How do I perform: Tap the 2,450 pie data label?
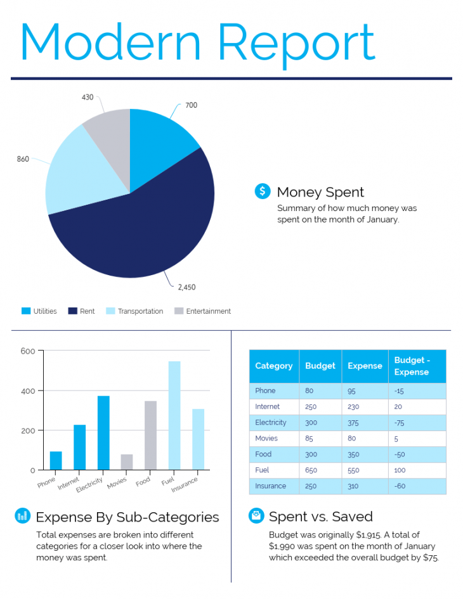(186, 287)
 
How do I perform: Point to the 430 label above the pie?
(88, 97)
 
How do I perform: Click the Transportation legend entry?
(140, 311)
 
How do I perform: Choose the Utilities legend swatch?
(26, 311)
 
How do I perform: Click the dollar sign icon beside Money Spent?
(262, 191)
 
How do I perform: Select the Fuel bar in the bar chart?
(174, 415)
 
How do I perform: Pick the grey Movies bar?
(127, 462)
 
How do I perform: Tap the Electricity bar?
(103, 432)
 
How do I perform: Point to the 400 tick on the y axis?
(28, 391)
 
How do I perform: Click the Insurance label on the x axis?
(185, 485)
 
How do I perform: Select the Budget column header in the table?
(320, 366)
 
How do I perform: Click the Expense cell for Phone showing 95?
(352, 391)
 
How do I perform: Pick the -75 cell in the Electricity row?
(400, 423)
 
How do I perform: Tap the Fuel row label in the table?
(262, 470)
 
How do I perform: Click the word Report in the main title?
(297, 43)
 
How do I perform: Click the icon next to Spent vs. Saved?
(256, 516)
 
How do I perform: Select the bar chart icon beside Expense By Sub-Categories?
(22, 516)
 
